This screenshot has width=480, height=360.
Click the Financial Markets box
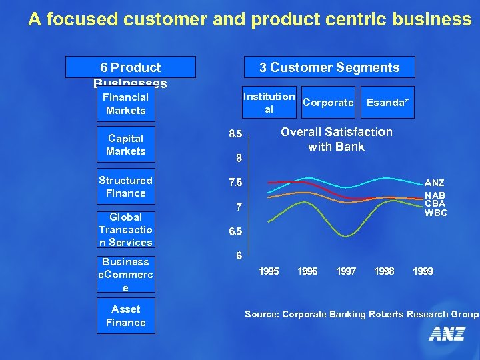[x=125, y=104]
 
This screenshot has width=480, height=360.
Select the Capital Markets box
[x=125, y=145]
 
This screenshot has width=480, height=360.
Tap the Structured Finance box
[x=125, y=187]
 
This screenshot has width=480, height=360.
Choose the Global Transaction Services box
[x=125, y=229]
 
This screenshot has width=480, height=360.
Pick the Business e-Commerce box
[x=125, y=274]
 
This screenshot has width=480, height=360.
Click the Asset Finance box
[x=125, y=315]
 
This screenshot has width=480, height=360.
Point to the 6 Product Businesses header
[x=131, y=67]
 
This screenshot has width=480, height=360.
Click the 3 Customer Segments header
[x=329, y=67]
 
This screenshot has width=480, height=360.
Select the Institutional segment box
[x=269, y=103]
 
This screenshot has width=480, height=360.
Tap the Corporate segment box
[x=328, y=103]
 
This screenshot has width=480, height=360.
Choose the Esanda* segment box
[x=387, y=103]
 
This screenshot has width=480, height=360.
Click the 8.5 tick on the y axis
[x=236, y=135]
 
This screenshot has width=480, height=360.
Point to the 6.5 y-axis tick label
[x=236, y=231]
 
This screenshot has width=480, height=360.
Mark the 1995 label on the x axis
[x=269, y=271]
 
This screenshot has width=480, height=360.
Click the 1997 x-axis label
[x=345, y=271]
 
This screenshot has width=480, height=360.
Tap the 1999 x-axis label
[x=423, y=271]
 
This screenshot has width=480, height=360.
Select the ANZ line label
[x=435, y=183]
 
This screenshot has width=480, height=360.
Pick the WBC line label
[x=436, y=213]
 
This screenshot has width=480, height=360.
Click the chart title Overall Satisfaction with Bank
[x=336, y=139]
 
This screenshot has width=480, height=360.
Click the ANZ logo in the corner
[x=447, y=333]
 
